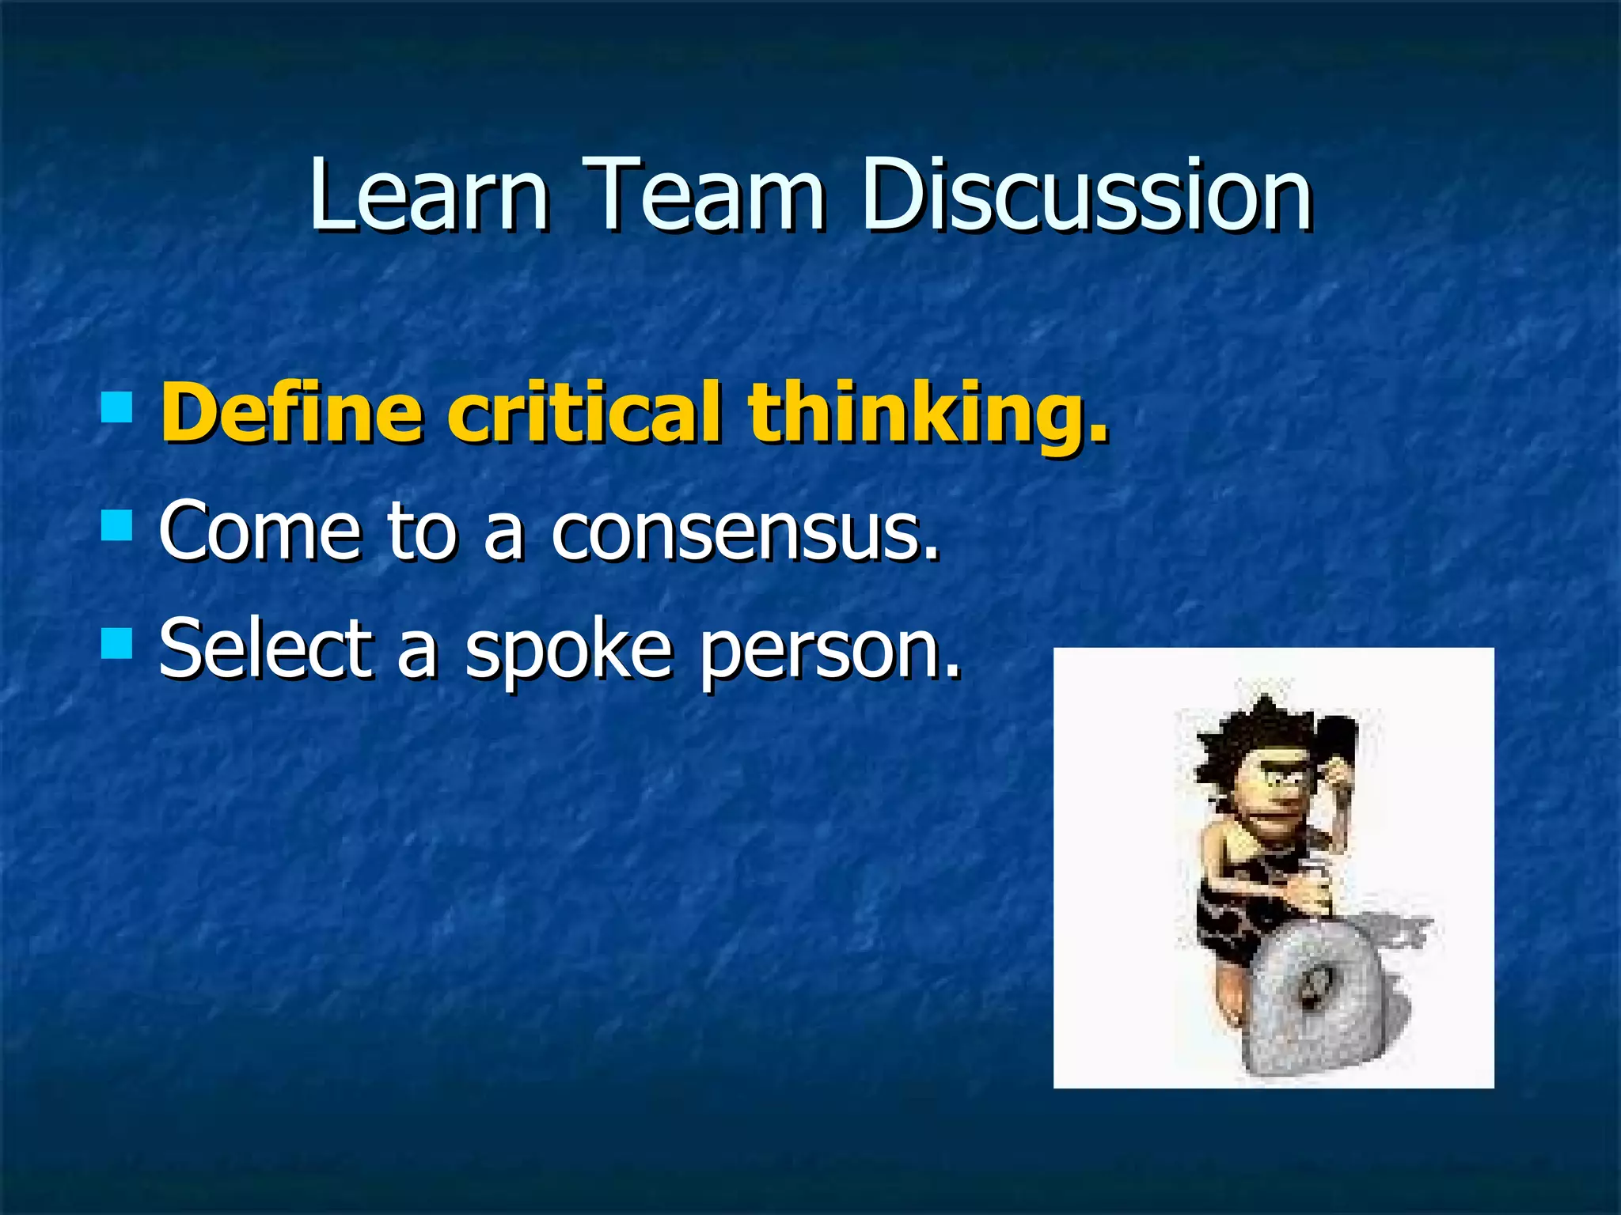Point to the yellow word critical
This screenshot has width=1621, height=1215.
(x=584, y=413)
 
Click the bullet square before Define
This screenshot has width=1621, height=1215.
(x=116, y=404)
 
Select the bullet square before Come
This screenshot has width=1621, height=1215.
(x=116, y=524)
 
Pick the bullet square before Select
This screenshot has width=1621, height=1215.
(x=116, y=643)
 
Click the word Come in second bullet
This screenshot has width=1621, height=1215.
(x=260, y=531)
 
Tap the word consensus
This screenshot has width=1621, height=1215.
(x=745, y=531)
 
